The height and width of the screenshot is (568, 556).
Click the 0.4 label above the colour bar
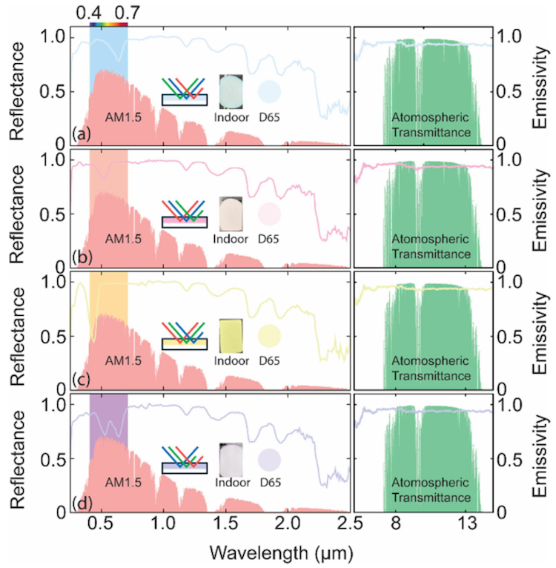[89, 13]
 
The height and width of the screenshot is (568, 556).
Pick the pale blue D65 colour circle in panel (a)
[269, 91]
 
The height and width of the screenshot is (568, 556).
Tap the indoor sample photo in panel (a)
[231, 87]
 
